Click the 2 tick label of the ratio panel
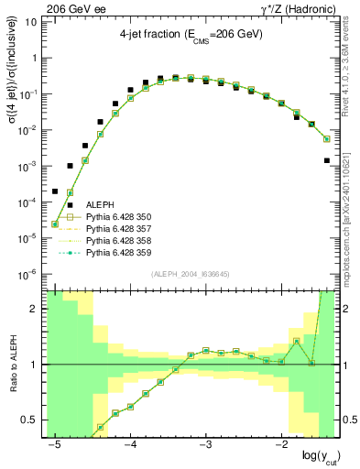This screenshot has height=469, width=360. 34,309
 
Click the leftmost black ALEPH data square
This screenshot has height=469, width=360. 55,191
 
